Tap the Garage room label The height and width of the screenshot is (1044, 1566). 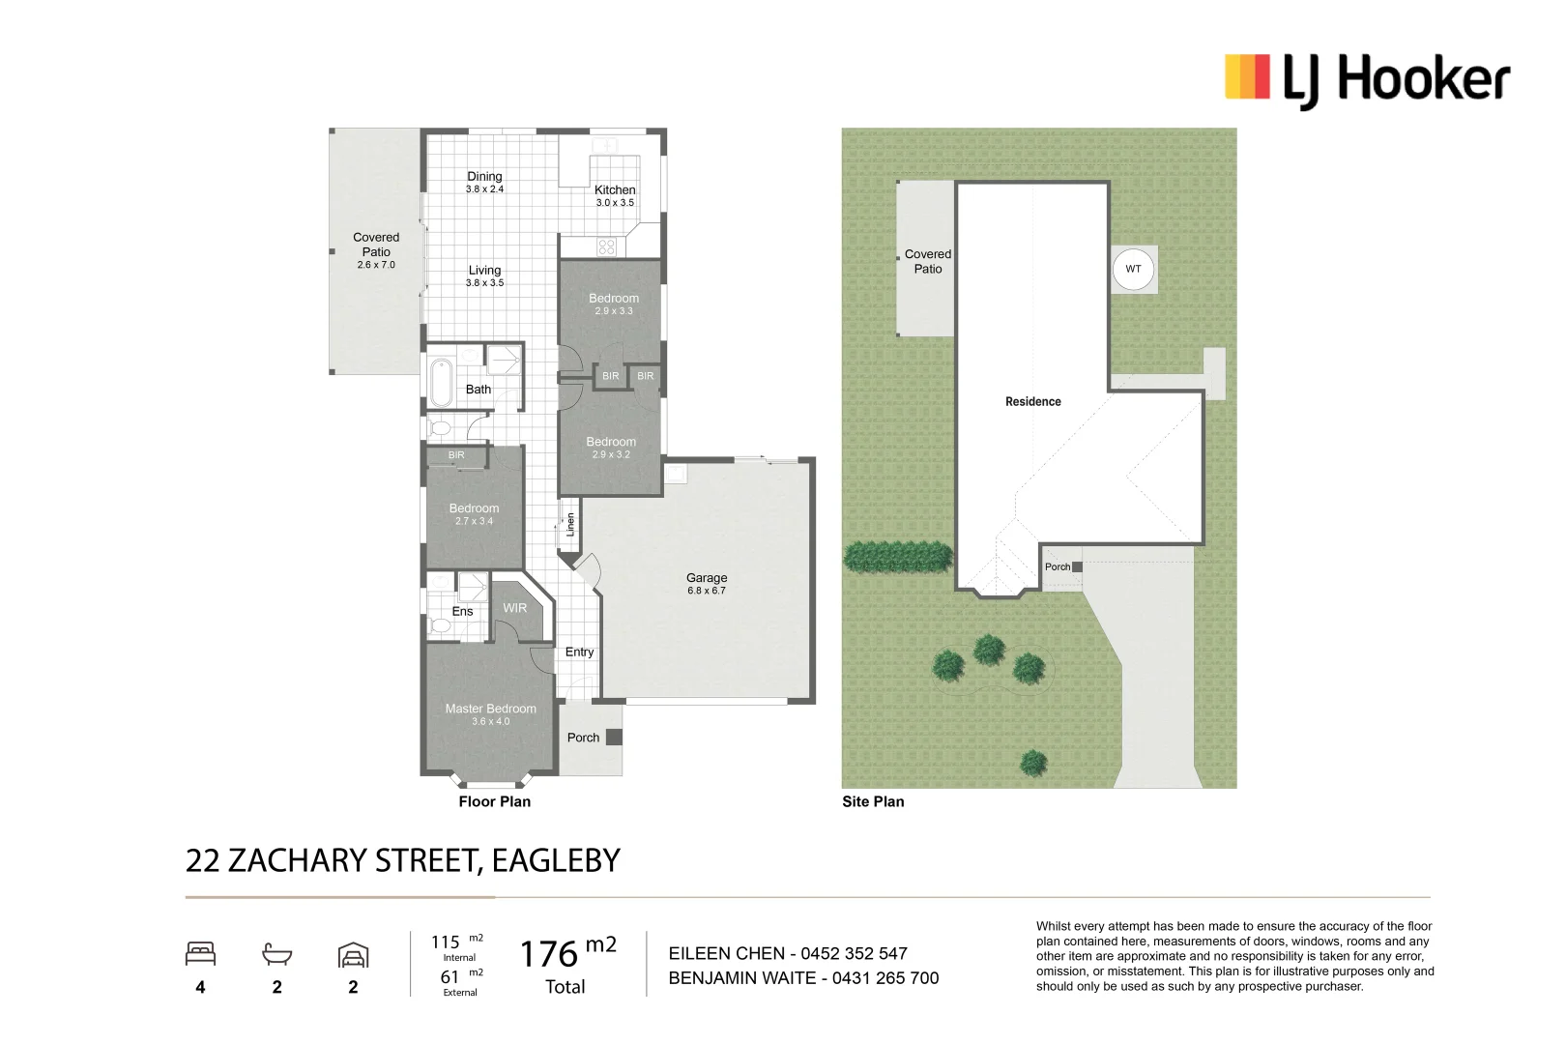pyautogui.click(x=707, y=578)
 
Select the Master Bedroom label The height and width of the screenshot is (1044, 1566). pyautogui.click(x=490, y=709)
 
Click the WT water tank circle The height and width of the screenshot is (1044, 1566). pyautogui.click(x=1133, y=269)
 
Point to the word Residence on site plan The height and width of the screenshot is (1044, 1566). pyautogui.click(x=1032, y=401)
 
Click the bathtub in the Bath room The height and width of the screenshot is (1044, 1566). pyautogui.click(x=441, y=383)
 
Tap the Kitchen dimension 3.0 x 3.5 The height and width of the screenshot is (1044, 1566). pyautogui.click(x=615, y=203)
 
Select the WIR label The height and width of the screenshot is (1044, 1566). pyautogui.click(x=515, y=608)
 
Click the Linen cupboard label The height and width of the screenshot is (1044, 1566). pyautogui.click(x=570, y=524)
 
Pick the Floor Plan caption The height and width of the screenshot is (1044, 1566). pyautogui.click(x=494, y=801)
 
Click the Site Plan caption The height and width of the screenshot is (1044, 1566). pyautogui.click(x=873, y=801)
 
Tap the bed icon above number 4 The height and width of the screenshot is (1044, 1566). pyautogui.click(x=200, y=954)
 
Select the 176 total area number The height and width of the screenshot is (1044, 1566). pyautogui.click(x=548, y=954)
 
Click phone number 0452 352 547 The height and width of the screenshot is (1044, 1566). pyautogui.click(x=854, y=953)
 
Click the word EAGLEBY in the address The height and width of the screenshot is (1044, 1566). pyautogui.click(x=556, y=860)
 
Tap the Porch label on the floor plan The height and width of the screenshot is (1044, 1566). pyautogui.click(x=583, y=738)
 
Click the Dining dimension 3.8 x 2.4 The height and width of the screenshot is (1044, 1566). pyautogui.click(x=484, y=189)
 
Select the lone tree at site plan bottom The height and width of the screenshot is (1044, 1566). pyautogui.click(x=1033, y=763)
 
